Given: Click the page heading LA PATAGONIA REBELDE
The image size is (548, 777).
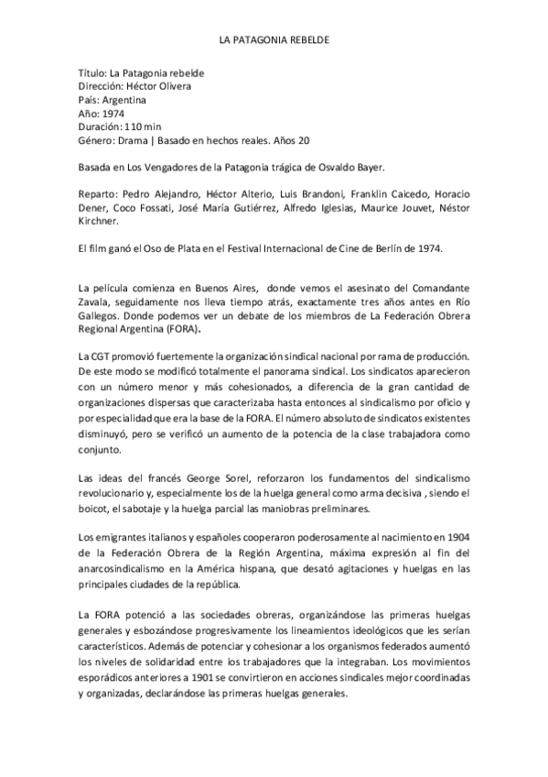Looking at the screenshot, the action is click(274, 42).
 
